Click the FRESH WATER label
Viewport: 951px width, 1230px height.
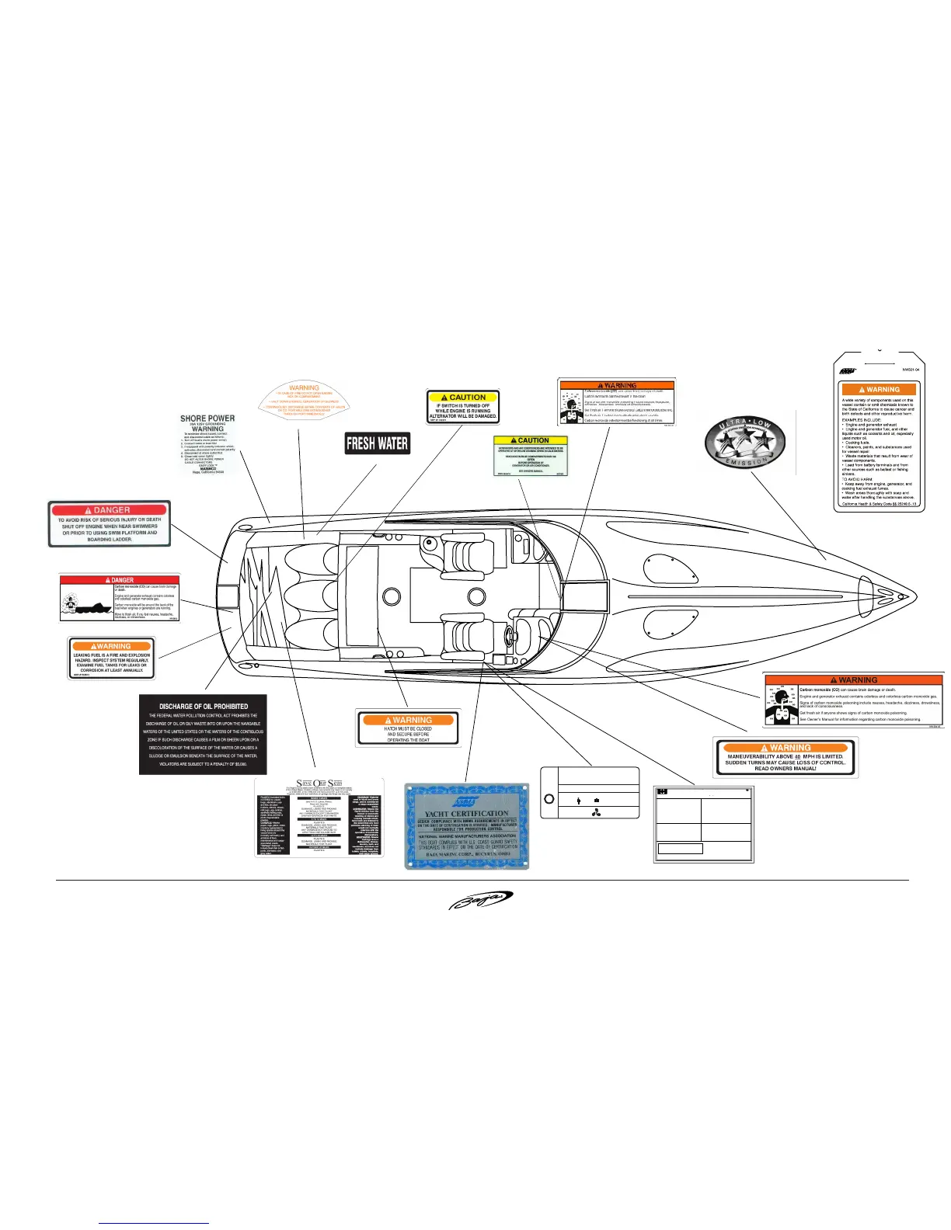click(x=377, y=443)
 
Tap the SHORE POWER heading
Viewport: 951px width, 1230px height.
click(x=207, y=419)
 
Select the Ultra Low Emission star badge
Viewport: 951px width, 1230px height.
click(x=745, y=443)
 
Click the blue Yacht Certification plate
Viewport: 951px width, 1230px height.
click(x=466, y=825)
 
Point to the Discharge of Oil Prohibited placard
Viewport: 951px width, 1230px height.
click(x=203, y=734)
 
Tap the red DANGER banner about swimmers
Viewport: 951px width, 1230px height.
click(x=110, y=510)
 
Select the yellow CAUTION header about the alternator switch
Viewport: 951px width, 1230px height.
click(x=464, y=397)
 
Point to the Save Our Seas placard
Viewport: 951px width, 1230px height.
click(x=319, y=816)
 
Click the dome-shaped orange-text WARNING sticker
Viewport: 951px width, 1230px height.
click(x=304, y=400)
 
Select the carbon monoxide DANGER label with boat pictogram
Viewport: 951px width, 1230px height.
click(x=120, y=598)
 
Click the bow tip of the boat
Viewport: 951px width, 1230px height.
click(x=914, y=597)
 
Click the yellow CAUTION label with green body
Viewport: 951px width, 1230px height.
click(x=531, y=456)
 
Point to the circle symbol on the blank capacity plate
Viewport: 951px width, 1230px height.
click(x=549, y=799)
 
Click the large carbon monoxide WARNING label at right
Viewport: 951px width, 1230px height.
click(x=853, y=700)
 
